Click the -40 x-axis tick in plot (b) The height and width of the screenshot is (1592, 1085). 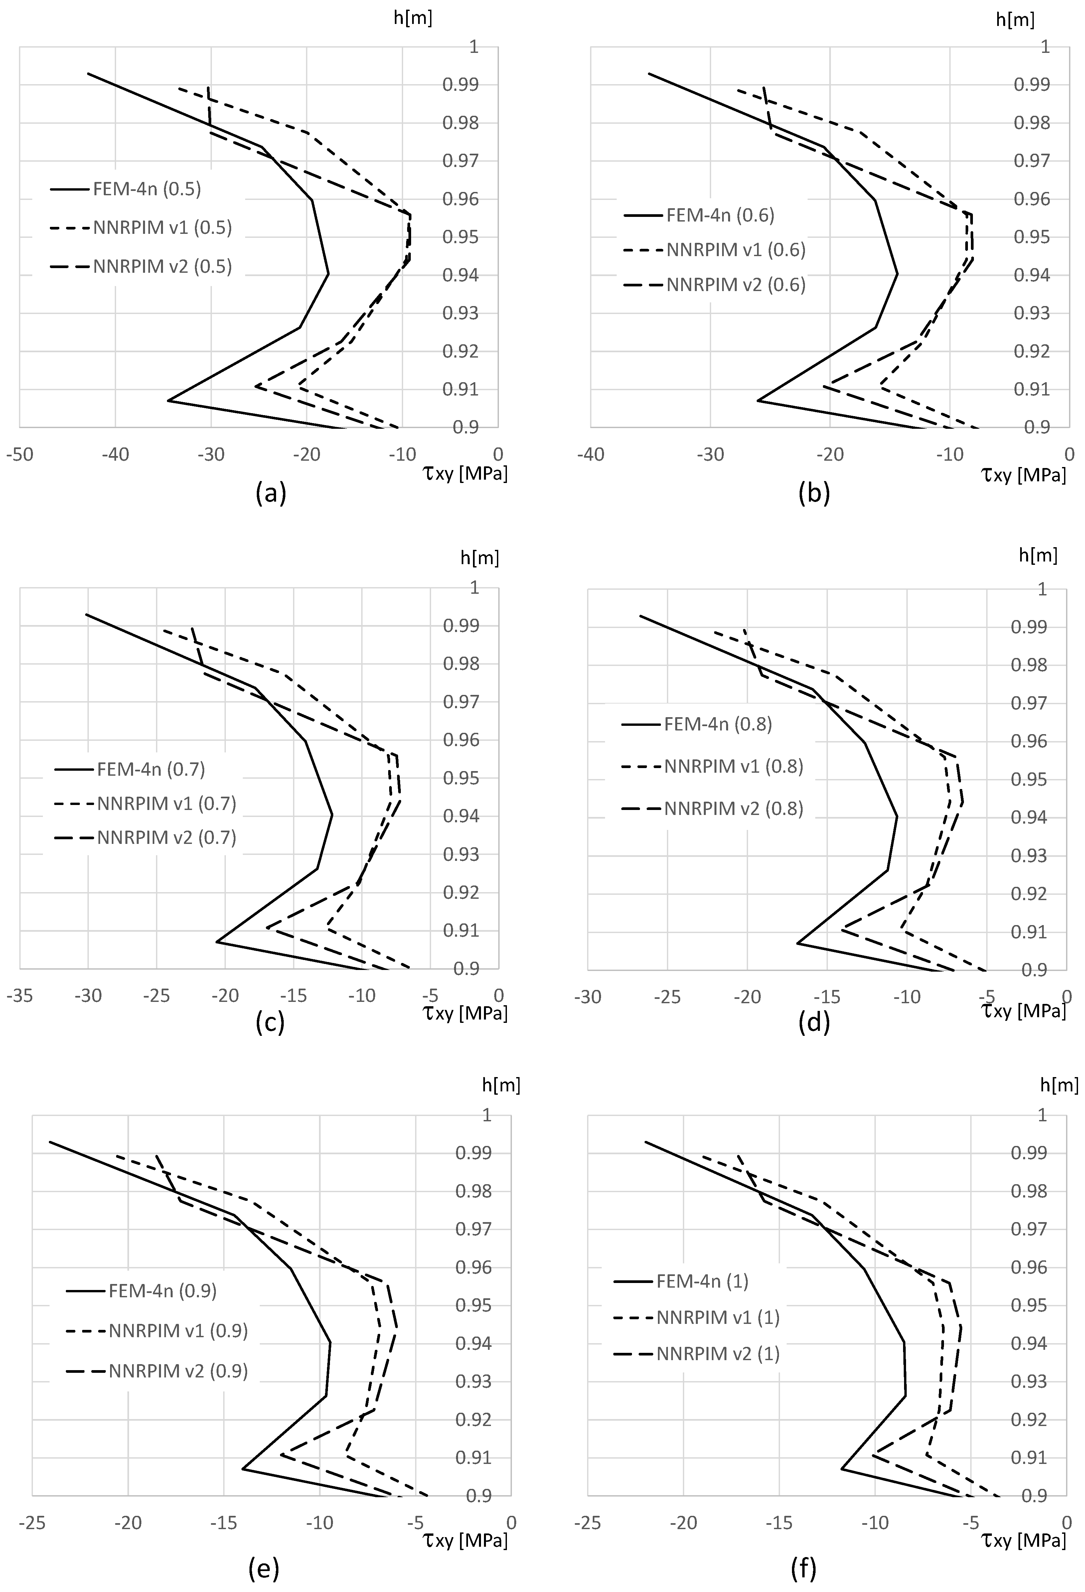point(590,455)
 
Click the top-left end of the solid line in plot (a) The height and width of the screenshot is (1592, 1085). point(88,73)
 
